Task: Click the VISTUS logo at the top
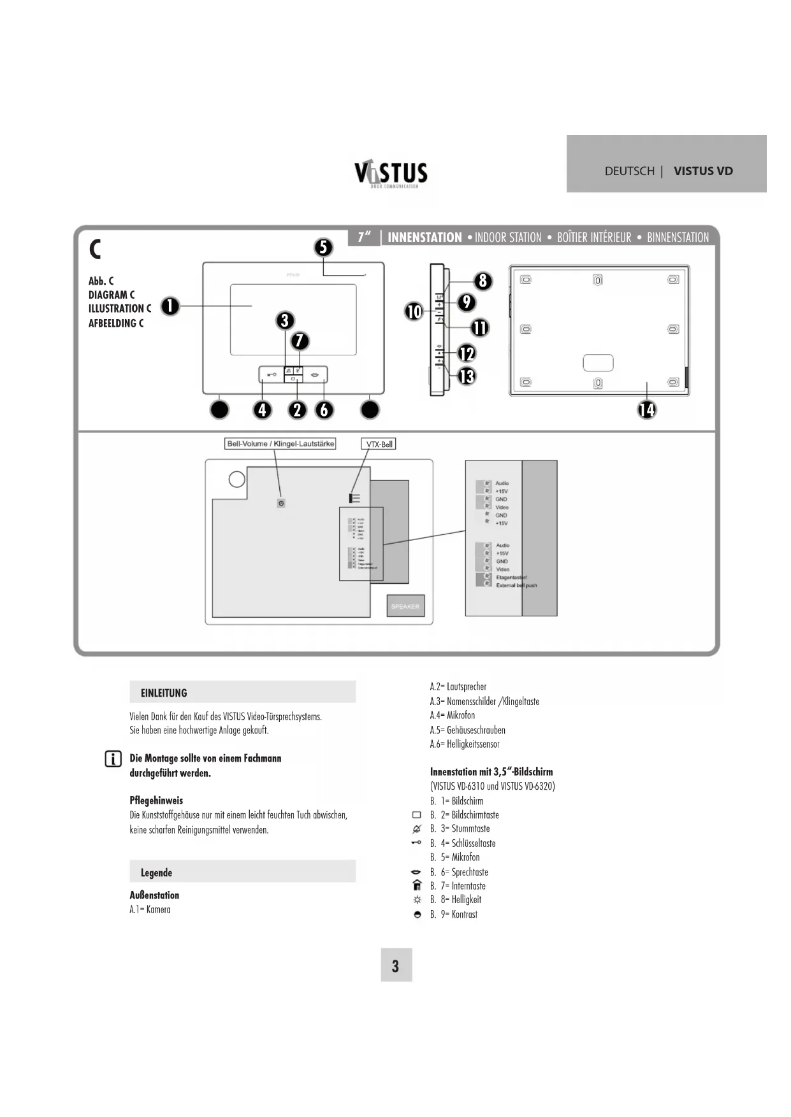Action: pyautogui.click(x=391, y=173)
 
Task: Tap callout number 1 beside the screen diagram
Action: pyautogui.click(x=170, y=306)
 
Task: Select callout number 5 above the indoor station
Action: pyautogui.click(x=324, y=247)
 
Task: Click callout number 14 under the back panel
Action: pyautogui.click(x=646, y=409)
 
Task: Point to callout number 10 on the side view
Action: pyautogui.click(x=414, y=311)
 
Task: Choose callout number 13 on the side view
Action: pyautogui.click(x=467, y=376)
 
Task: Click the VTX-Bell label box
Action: pyautogui.click(x=379, y=445)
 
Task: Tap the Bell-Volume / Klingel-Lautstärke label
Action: pyautogui.click(x=280, y=444)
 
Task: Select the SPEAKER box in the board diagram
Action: pyautogui.click(x=405, y=606)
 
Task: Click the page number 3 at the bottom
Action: pyautogui.click(x=396, y=965)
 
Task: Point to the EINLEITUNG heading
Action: pyautogui.click(x=164, y=693)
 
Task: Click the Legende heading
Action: pyautogui.click(x=156, y=872)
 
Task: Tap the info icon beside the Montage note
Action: pyautogui.click(x=113, y=759)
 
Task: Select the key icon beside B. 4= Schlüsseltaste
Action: pyautogui.click(x=416, y=843)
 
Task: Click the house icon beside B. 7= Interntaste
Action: pyautogui.click(x=417, y=885)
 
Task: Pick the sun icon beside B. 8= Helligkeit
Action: pyautogui.click(x=417, y=900)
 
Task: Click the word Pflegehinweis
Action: pyautogui.click(x=156, y=800)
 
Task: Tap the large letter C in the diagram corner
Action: pyautogui.click(x=96, y=249)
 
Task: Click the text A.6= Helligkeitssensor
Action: pyautogui.click(x=465, y=744)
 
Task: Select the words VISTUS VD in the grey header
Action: pyautogui.click(x=703, y=171)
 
